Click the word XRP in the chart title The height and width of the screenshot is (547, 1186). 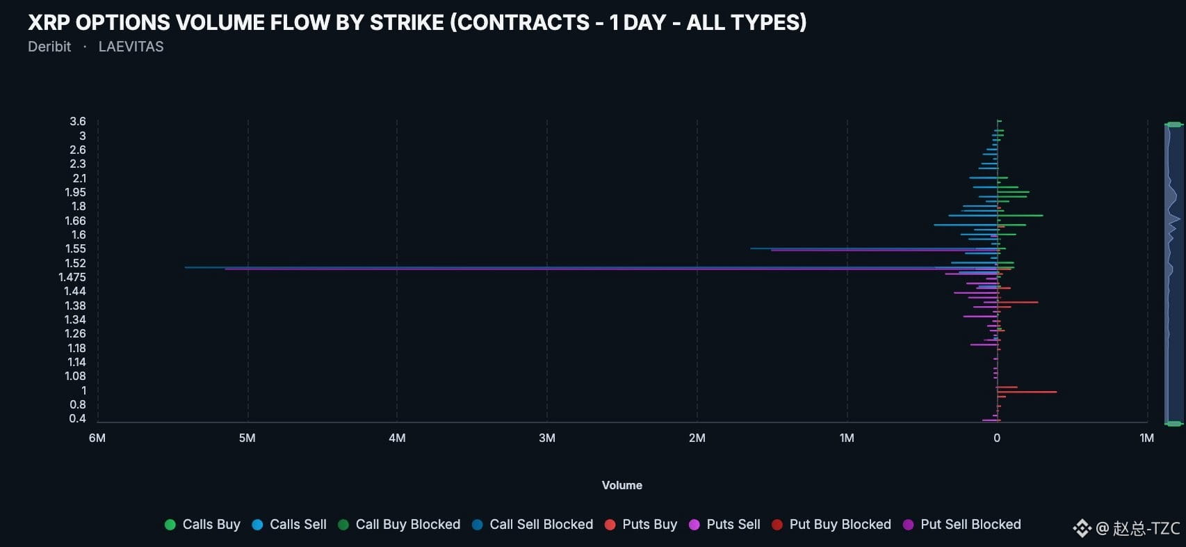coord(49,23)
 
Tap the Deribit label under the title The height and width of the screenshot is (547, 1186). coord(49,47)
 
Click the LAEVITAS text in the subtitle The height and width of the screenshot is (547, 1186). coord(131,47)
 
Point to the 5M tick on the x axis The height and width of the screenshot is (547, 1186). coord(247,438)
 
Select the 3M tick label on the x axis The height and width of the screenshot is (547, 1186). coord(547,438)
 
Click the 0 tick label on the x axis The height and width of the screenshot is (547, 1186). coord(997,438)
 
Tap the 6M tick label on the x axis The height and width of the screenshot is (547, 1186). coord(97,438)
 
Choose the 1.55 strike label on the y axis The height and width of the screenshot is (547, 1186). coord(75,249)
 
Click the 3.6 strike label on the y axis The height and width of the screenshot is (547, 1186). coord(77,122)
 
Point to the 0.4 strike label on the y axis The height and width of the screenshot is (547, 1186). coord(77,419)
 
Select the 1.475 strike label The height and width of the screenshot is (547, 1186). coord(72,277)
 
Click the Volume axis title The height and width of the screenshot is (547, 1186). coord(622,486)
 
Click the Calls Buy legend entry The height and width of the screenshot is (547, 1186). coord(203,525)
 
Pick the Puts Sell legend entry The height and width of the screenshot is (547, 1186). coord(724,525)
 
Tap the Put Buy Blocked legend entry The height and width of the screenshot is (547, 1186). coord(831,525)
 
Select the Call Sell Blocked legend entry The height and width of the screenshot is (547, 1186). coord(533,525)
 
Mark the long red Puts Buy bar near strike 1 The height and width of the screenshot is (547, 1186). coord(1027,393)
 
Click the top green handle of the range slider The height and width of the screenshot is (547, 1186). coord(1173,125)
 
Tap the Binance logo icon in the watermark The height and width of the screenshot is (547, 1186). coord(1082,528)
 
